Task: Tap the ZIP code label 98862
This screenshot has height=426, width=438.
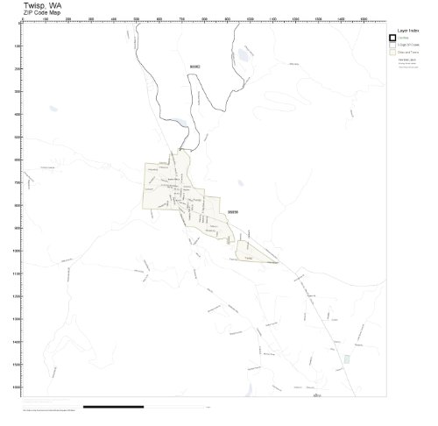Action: point(194,66)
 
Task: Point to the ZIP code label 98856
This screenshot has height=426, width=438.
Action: point(232,211)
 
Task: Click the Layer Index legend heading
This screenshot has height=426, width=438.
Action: point(400,29)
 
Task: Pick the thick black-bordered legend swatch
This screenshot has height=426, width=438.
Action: point(392,37)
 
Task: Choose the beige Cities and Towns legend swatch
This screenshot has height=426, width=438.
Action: point(392,53)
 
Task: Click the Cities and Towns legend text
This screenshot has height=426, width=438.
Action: point(408,53)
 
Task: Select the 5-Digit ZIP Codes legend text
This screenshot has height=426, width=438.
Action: point(409,45)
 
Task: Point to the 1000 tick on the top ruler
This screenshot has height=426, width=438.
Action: point(251,18)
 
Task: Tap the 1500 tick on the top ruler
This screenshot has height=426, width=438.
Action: point(364,18)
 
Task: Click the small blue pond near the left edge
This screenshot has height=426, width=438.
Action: point(53,110)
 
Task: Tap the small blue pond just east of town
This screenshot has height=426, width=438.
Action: point(239,183)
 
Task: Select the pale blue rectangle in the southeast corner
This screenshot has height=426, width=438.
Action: point(348,359)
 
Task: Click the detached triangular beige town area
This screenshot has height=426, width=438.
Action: point(251,255)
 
